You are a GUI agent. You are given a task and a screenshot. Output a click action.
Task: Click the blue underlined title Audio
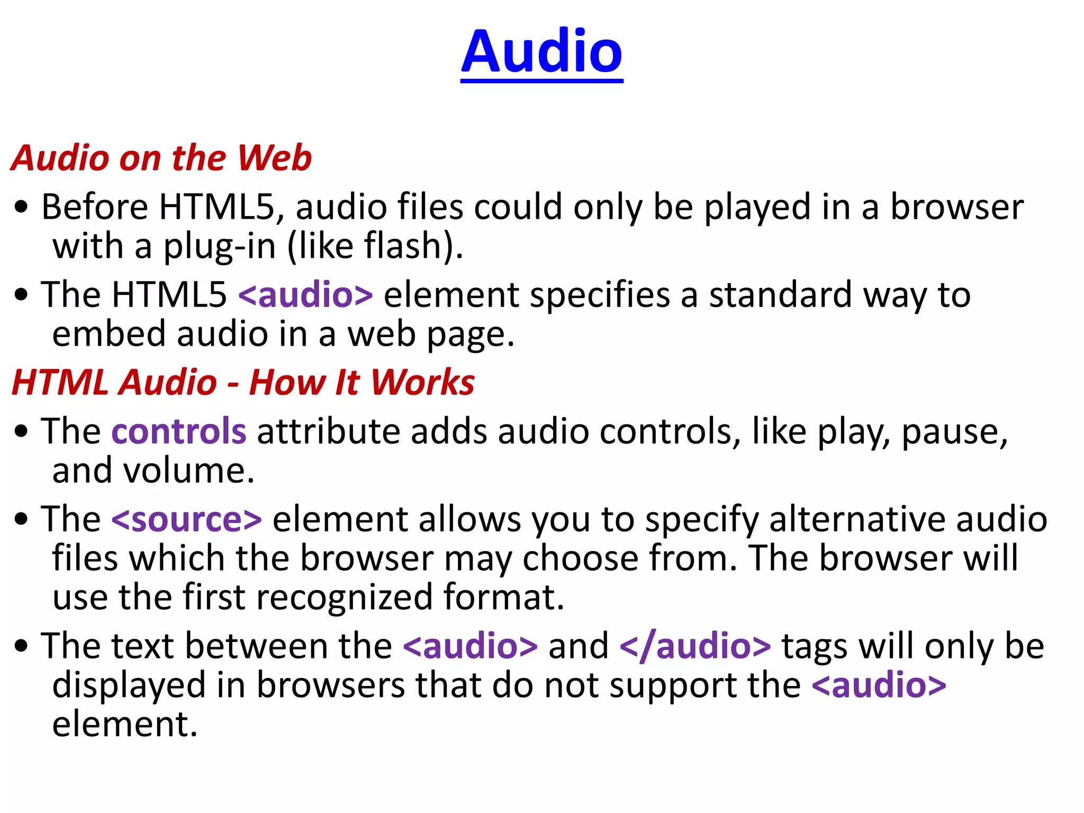click(541, 51)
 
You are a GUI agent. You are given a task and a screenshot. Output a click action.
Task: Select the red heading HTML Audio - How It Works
click(243, 382)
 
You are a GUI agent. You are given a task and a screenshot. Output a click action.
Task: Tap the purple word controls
click(179, 431)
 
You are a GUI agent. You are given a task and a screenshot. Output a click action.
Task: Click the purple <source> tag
click(186, 519)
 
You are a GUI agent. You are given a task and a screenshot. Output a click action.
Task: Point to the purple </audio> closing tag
click(695, 646)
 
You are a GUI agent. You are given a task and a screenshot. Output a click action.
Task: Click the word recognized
click(345, 597)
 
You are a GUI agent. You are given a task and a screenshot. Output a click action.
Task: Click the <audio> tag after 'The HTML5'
click(305, 295)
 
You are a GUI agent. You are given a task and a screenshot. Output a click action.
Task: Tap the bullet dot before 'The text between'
click(21, 646)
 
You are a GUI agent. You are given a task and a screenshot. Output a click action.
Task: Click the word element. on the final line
click(125, 725)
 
